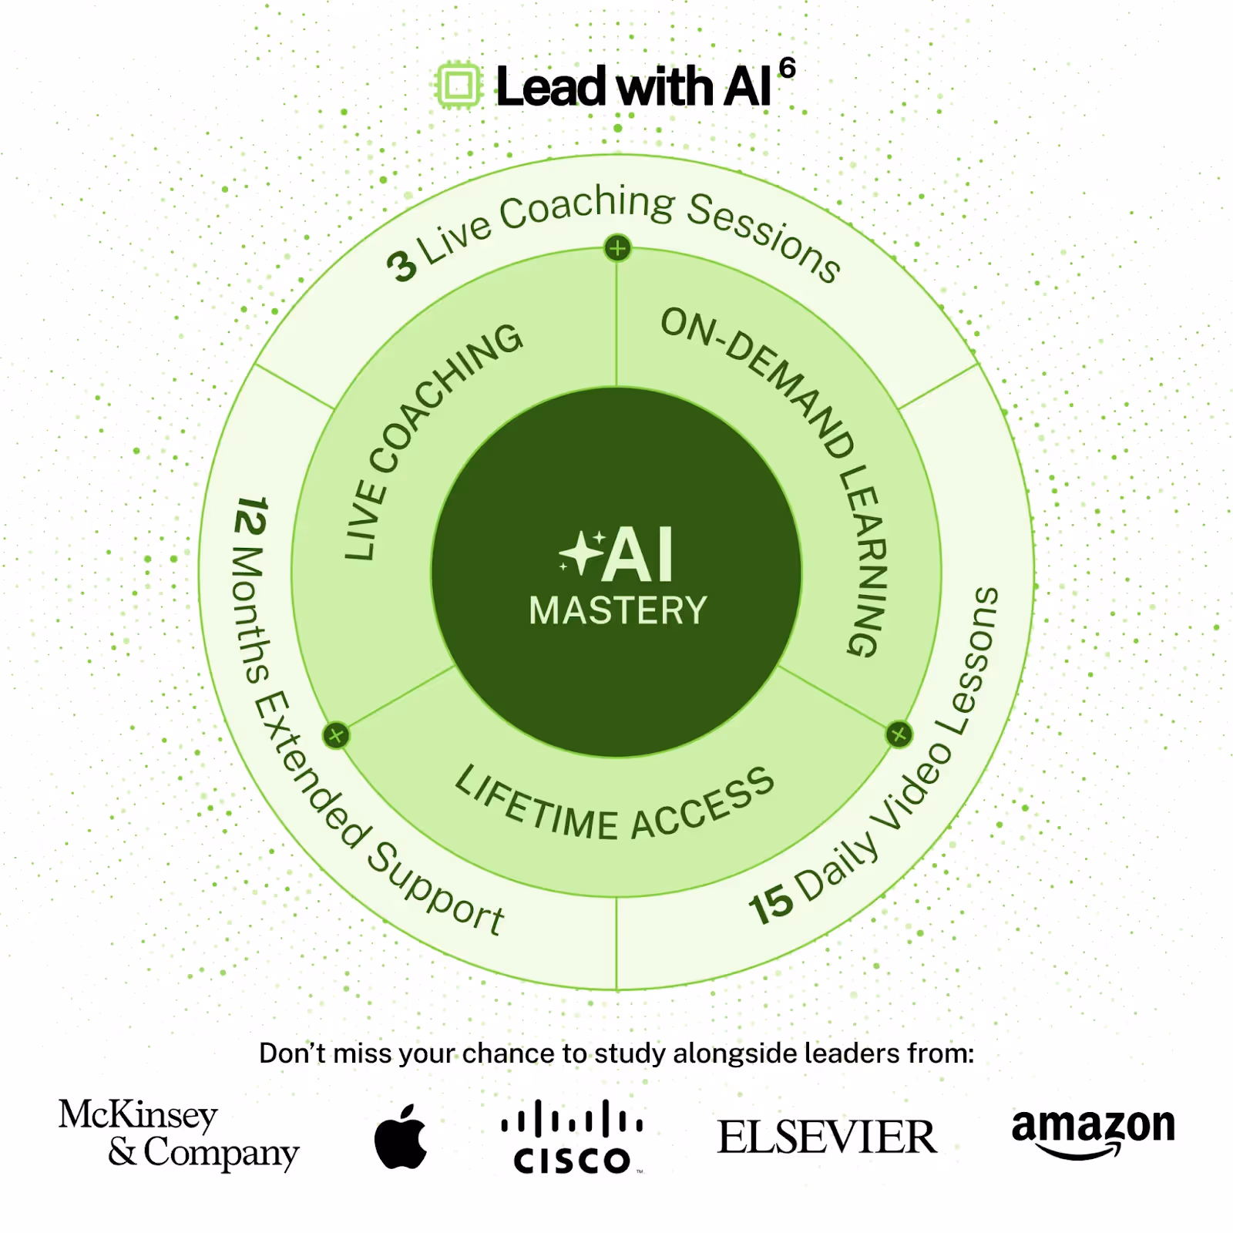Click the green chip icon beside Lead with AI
(459, 86)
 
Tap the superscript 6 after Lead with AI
(787, 68)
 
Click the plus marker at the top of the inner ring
(617, 249)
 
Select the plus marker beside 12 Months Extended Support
(336, 735)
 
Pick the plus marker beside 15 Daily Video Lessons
(899, 734)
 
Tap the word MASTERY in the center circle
(618, 611)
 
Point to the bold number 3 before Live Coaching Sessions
(401, 266)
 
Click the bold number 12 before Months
(250, 516)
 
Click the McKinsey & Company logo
(178, 1134)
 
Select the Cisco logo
(572, 1137)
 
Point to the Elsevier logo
(827, 1137)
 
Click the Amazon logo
(1093, 1131)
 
